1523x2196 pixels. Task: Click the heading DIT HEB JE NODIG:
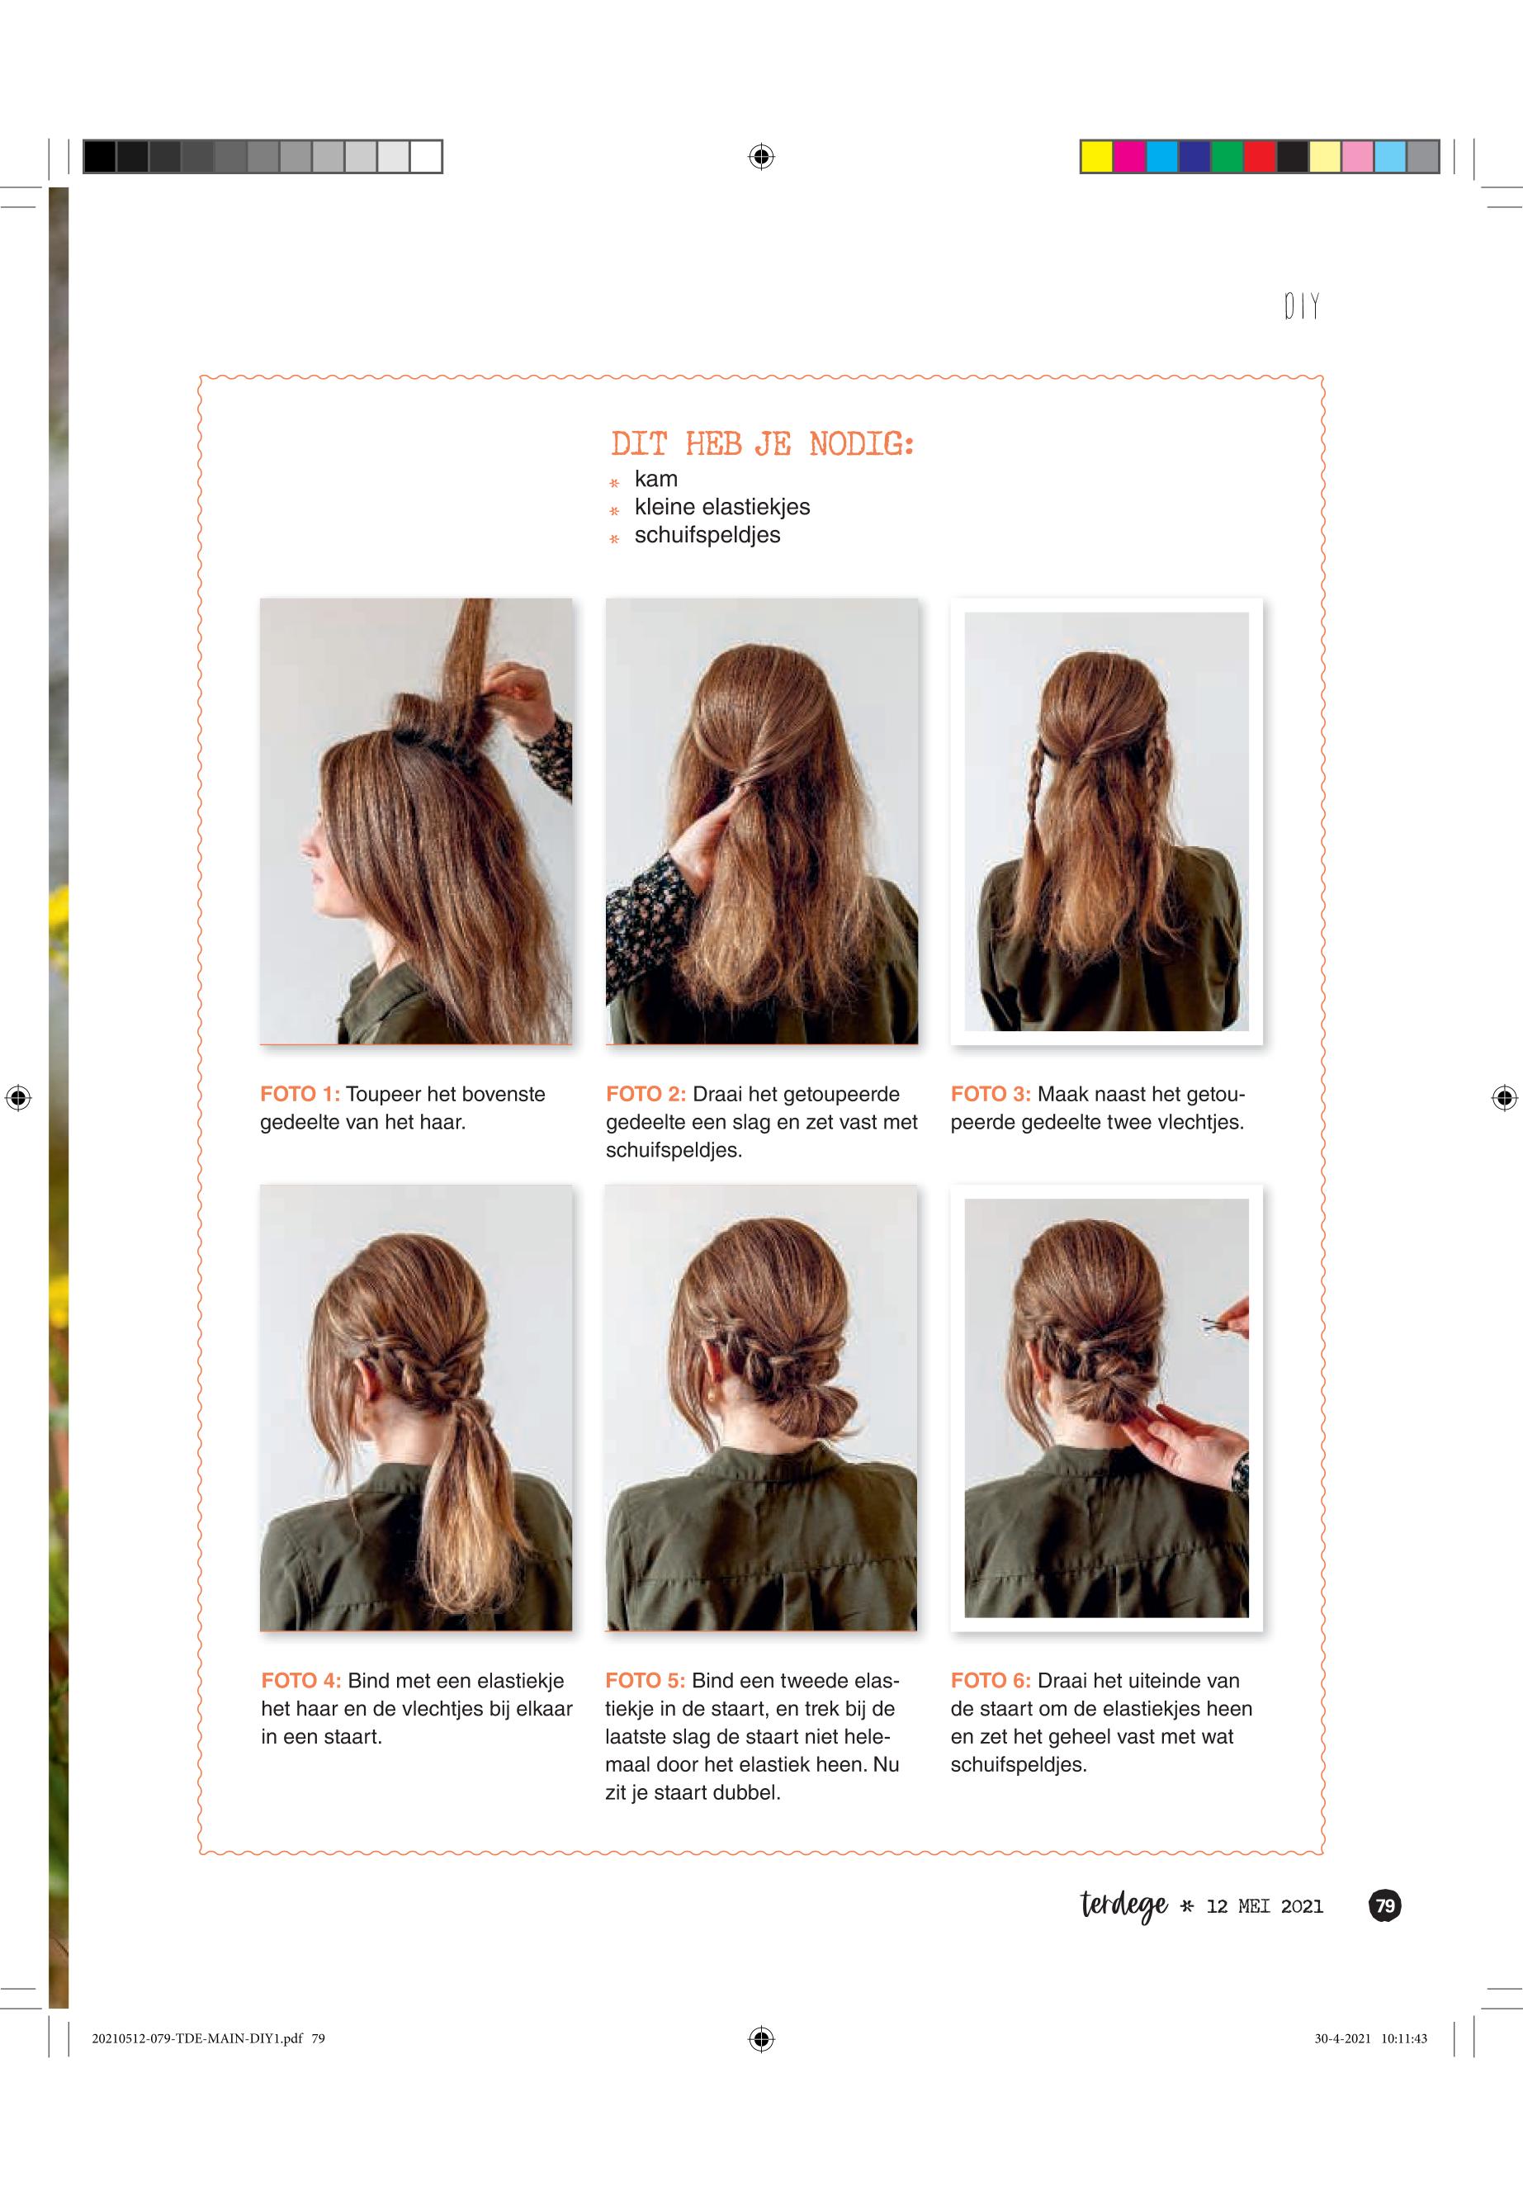click(761, 444)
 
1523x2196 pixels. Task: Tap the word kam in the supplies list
click(655, 479)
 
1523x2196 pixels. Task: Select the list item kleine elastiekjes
click(721, 507)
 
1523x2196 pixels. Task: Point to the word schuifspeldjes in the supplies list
click(707, 536)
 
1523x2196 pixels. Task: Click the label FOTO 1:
click(300, 1094)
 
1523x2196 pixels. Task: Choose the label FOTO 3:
click(991, 1094)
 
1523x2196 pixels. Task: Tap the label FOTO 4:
click(300, 1681)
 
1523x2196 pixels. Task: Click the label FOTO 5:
click(645, 1681)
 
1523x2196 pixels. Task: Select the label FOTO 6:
click(991, 1681)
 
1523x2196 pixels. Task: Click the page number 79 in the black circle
click(1384, 1906)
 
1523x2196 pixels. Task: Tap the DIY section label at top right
click(1302, 306)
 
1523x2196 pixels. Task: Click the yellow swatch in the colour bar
click(1097, 157)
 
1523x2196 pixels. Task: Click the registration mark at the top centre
click(761, 157)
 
